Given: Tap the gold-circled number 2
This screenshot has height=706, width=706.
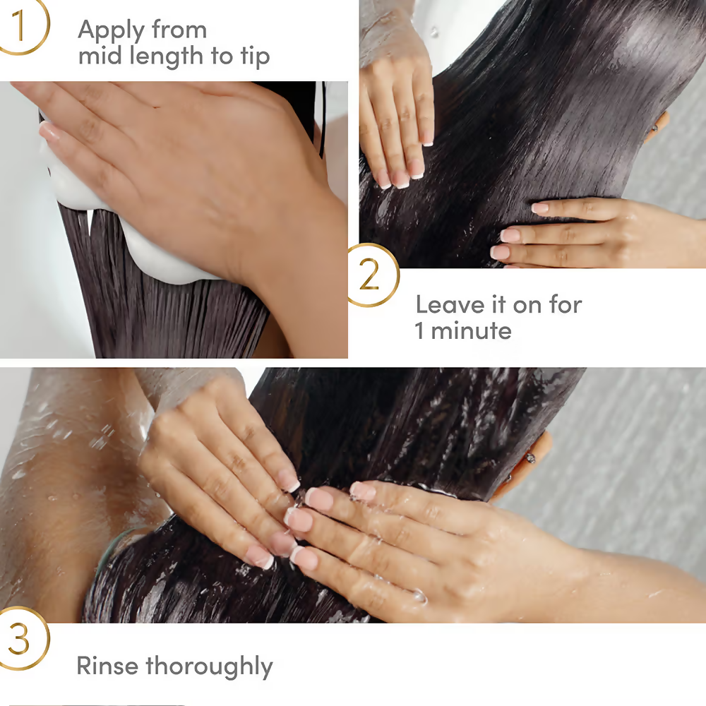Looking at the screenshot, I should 370,275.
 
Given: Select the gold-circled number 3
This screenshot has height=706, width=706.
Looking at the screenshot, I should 20,639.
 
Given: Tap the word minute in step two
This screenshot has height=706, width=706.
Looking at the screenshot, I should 471,330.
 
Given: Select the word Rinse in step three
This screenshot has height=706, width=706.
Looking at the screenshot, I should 107,665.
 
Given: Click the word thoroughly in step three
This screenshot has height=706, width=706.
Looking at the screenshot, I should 210,666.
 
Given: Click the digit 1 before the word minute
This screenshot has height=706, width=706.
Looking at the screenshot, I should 419,330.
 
